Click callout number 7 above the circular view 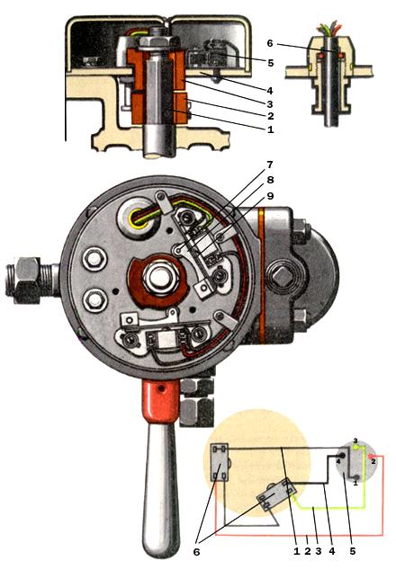(x=269, y=165)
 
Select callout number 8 (x=270, y=180)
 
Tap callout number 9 (x=270, y=196)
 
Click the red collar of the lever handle (x=160, y=400)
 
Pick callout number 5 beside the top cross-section (x=270, y=63)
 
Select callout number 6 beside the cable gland (x=270, y=43)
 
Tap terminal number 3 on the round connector (x=355, y=441)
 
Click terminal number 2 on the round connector (x=373, y=462)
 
